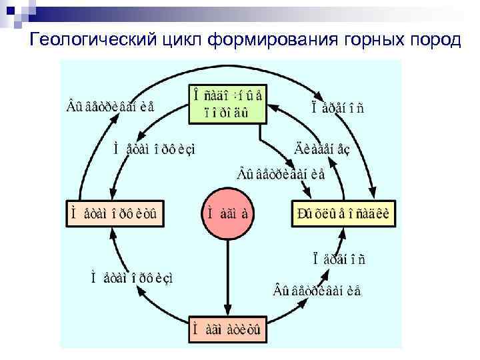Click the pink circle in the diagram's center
(227, 215)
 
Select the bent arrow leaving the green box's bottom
(273, 143)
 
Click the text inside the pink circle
(227, 215)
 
